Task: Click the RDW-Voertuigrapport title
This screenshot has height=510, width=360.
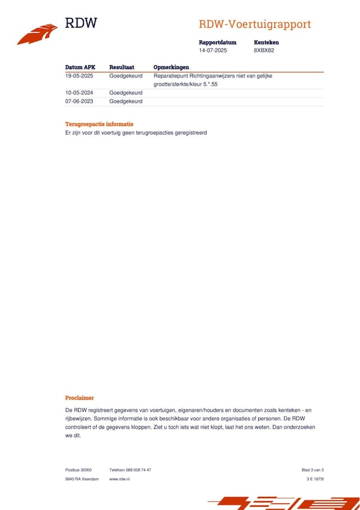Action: pyautogui.click(x=254, y=24)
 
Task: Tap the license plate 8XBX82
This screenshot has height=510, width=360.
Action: pyautogui.click(x=264, y=50)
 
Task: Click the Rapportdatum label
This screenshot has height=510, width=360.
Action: pyautogui.click(x=217, y=42)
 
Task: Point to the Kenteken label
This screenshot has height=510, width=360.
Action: pyautogui.click(x=266, y=42)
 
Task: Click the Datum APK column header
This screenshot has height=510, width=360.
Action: pyautogui.click(x=80, y=67)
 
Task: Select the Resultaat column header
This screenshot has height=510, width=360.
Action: pyautogui.click(x=121, y=67)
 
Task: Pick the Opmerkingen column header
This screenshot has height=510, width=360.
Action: pyautogui.click(x=171, y=67)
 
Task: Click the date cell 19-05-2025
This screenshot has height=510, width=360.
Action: pyautogui.click(x=79, y=75)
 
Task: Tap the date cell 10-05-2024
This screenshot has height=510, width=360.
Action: pyautogui.click(x=79, y=93)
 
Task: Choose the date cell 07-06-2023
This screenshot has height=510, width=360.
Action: pyautogui.click(x=79, y=101)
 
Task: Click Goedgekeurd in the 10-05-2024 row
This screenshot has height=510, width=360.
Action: pyautogui.click(x=125, y=93)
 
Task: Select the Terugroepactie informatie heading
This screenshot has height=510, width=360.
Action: pyautogui.click(x=99, y=124)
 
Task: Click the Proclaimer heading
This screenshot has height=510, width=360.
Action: pyautogui.click(x=79, y=397)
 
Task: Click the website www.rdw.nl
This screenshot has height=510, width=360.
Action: pyautogui.click(x=119, y=479)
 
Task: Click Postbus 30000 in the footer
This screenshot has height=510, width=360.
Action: pyautogui.click(x=78, y=469)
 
